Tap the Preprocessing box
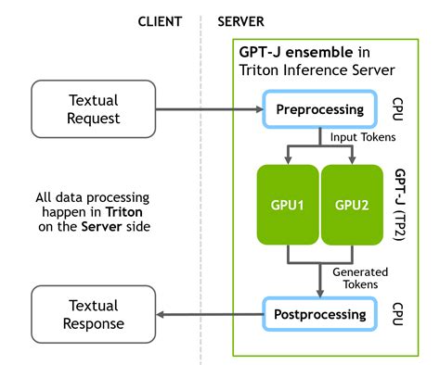point(318,110)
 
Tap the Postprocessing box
point(318,315)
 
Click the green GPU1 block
point(287,205)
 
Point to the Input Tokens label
point(362,137)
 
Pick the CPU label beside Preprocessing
point(396,109)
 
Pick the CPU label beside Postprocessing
point(396,314)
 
